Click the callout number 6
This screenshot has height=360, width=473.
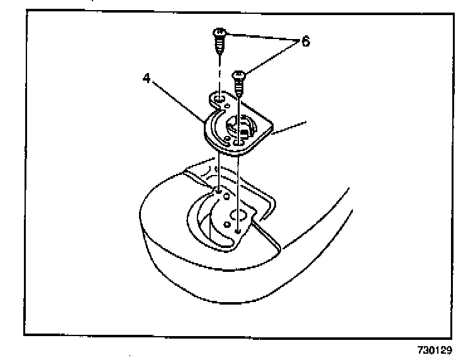coord(305,41)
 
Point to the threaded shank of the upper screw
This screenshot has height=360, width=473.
coord(219,46)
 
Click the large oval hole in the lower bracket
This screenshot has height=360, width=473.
coord(238,214)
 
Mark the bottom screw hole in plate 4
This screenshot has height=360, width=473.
coord(238,143)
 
